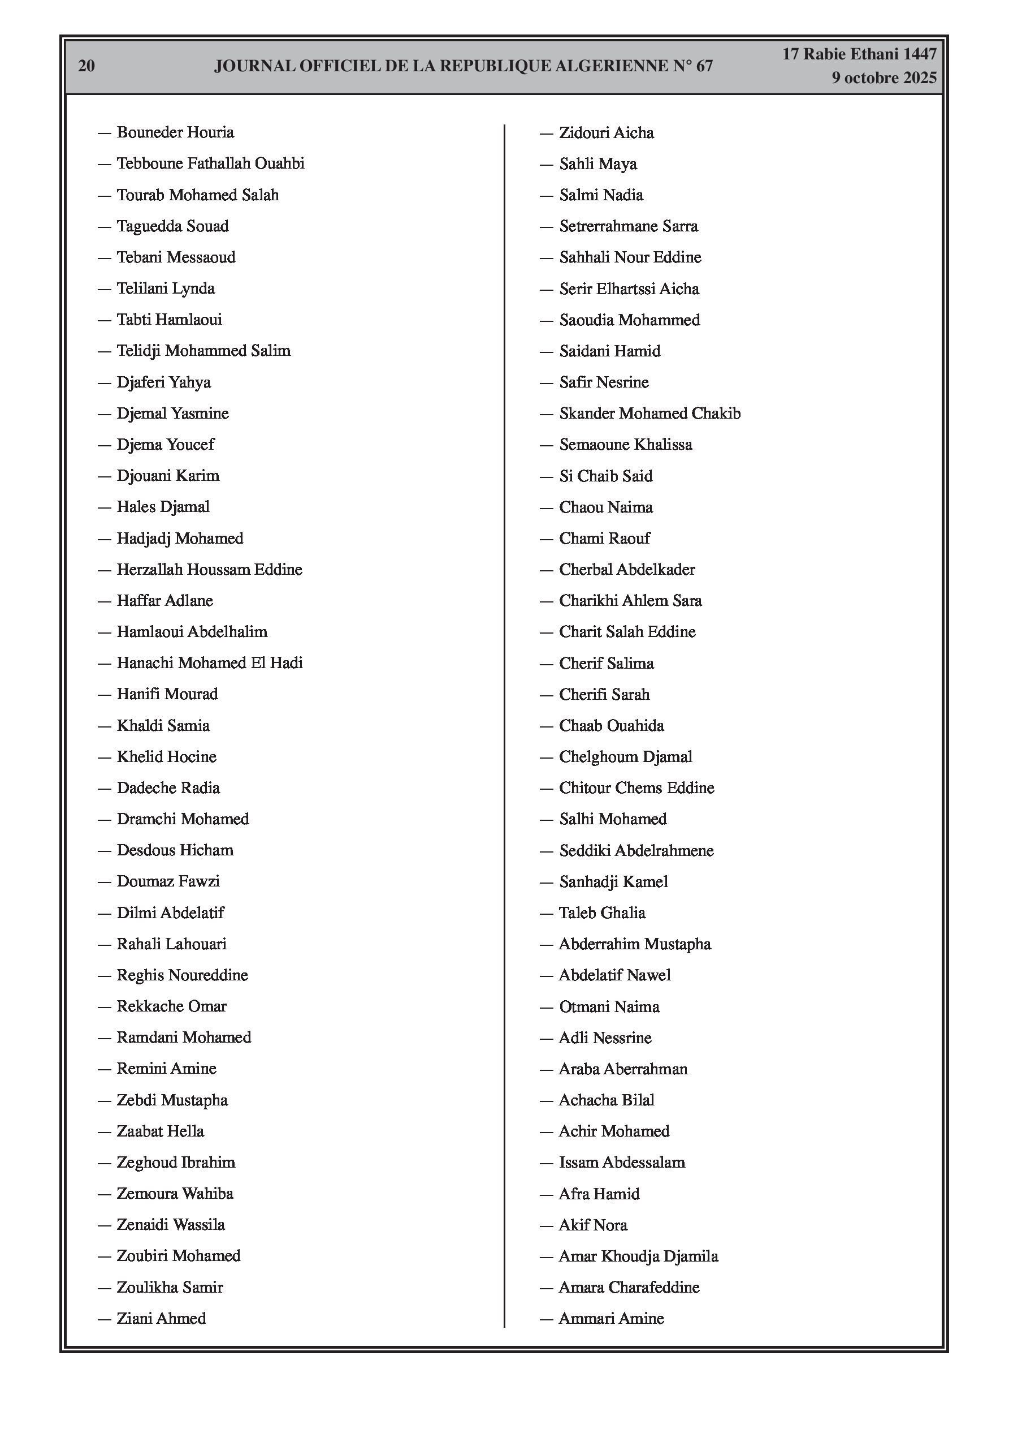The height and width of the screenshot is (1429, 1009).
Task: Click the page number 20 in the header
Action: (86, 66)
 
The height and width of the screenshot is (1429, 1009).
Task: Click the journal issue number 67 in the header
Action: (704, 66)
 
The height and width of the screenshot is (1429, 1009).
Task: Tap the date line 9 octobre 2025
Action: (884, 78)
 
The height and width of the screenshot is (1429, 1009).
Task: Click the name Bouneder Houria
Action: (175, 132)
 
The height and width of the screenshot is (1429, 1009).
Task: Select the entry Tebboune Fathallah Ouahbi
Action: (210, 163)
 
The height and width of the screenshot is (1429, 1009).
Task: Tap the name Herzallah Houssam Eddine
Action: (209, 570)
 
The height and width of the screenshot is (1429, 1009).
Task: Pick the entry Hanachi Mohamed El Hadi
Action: (209, 663)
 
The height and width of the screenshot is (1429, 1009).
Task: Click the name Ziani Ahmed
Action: (161, 1318)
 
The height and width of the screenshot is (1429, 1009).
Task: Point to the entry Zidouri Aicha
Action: (606, 133)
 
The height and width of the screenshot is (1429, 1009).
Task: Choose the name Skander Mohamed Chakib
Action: (649, 414)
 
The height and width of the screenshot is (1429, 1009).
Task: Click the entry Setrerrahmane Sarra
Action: (628, 226)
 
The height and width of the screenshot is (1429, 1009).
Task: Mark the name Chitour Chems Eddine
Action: (636, 788)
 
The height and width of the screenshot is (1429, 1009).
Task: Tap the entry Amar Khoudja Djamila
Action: (638, 1256)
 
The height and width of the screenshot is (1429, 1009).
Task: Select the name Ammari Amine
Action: (611, 1318)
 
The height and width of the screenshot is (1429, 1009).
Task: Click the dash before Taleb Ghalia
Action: (546, 913)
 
